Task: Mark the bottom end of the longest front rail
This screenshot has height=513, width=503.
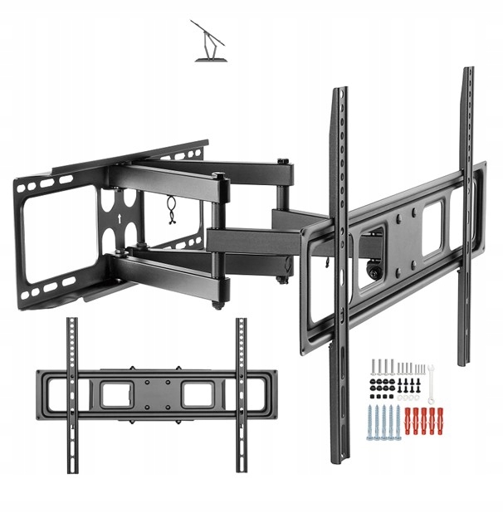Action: tap(340, 458)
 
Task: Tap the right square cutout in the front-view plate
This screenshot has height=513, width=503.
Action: tap(198, 393)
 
